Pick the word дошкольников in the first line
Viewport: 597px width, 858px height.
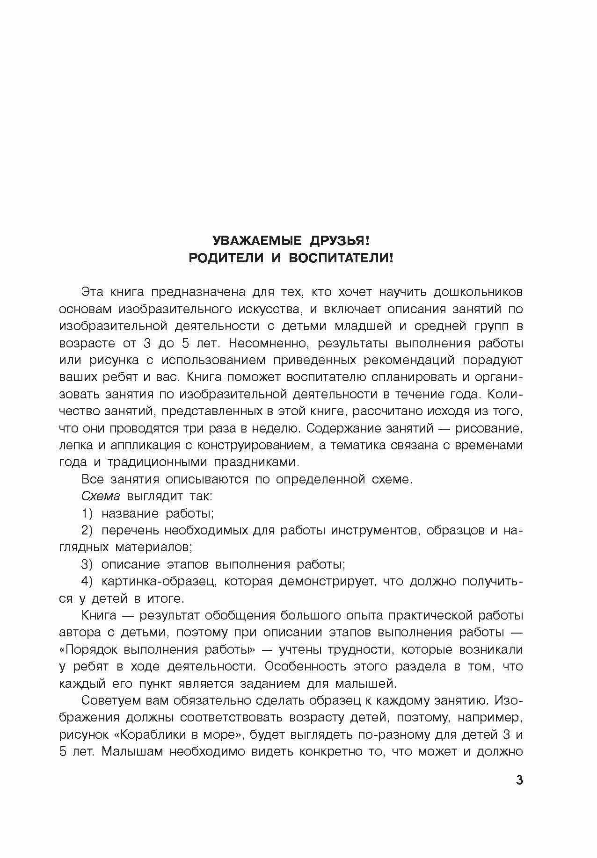click(x=478, y=292)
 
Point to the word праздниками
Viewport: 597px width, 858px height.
click(x=255, y=462)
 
